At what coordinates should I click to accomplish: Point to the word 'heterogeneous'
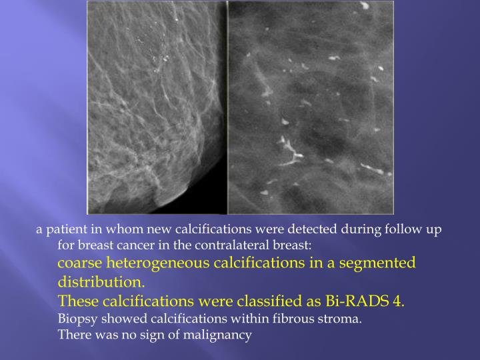click(x=158, y=263)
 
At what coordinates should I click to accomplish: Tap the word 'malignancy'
click(x=219, y=335)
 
